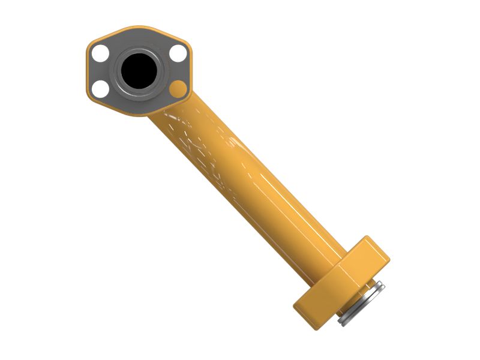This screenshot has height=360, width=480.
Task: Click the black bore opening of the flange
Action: [x=139, y=70]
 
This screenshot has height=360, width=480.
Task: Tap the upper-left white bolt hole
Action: [x=100, y=53]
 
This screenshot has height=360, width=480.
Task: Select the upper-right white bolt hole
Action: [x=178, y=53]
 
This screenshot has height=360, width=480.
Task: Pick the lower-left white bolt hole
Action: [x=101, y=90]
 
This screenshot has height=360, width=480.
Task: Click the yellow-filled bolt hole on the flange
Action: [x=178, y=90]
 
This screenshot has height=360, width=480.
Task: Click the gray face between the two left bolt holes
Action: [x=100, y=72]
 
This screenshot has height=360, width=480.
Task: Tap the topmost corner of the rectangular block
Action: [x=367, y=238]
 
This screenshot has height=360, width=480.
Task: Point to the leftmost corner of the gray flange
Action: [x=88, y=72]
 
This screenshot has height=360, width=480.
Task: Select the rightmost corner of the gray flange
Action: [x=191, y=72]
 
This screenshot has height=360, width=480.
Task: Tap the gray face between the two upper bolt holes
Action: [x=139, y=40]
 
